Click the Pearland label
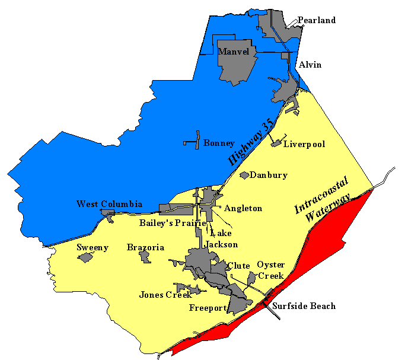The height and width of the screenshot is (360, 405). [317, 20]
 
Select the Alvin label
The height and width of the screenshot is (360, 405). [310, 65]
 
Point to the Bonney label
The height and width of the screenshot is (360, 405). [219, 144]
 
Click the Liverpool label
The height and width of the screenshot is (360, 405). [304, 144]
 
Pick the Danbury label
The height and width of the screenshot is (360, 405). [269, 175]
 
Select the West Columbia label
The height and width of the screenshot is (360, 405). [109, 204]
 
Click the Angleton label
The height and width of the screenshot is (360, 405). [243, 209]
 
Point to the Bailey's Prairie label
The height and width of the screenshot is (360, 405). [173, 224]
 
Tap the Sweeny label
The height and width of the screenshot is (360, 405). [93, 247]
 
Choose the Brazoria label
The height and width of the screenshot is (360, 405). [146, 247]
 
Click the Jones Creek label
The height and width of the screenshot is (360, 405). [165, 295]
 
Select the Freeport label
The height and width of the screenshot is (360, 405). [208, 308]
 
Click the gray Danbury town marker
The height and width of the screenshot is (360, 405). [244, 175]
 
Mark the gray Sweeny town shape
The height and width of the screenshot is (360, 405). [86, 257]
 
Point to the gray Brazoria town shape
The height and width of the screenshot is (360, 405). [145, 257]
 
